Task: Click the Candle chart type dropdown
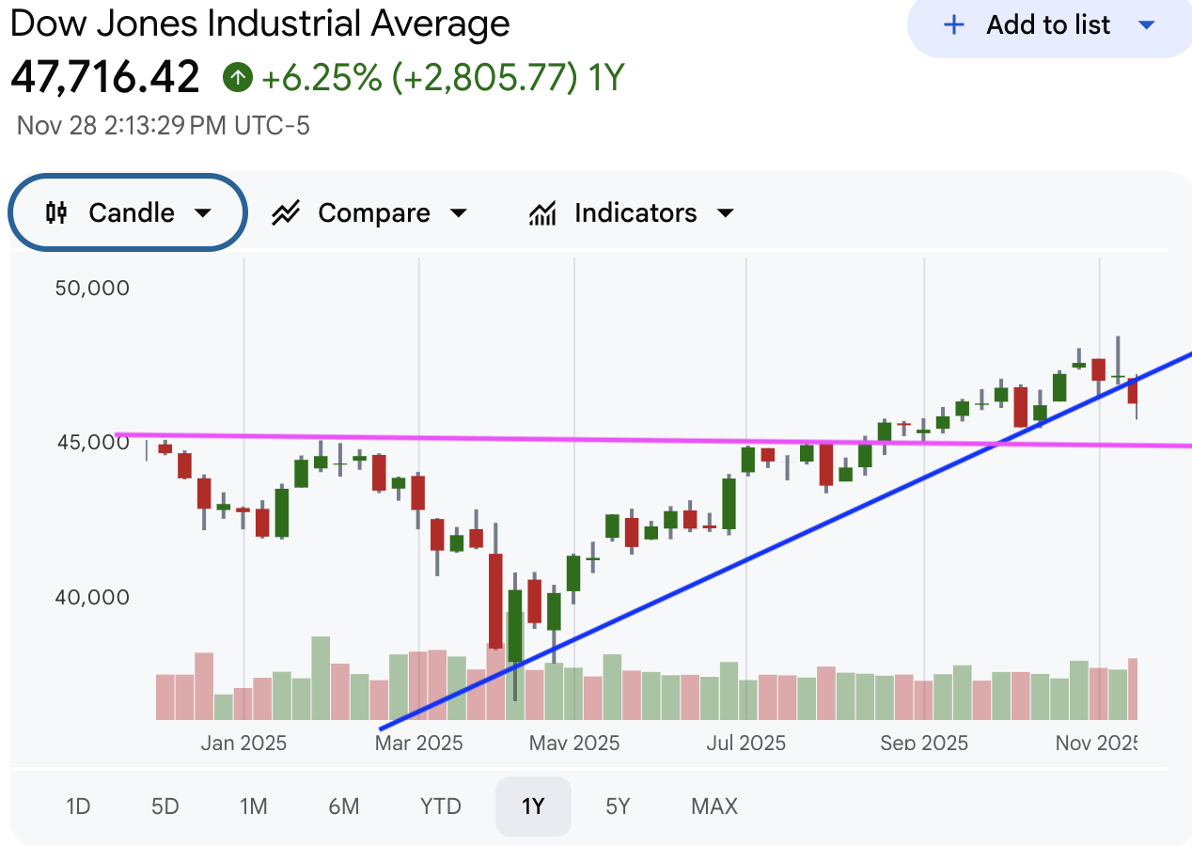tap(128, 212)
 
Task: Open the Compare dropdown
tap(369, 213)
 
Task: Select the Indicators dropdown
tap(632, 213)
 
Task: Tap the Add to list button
tap(1048, 25)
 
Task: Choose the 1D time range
tap(78, 806)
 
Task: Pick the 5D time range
tap(165, 806)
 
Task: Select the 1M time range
tap(253, 806)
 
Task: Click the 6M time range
tap(344, 806)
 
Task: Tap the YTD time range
tap(441, 806)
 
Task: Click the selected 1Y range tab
tap(533, 806)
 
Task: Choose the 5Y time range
tap(618, 806)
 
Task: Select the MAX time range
tap(714, 806)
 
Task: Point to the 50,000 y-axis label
tap(92, 288)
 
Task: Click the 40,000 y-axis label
tap(92, 597)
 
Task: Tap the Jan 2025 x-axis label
tap(243, 743)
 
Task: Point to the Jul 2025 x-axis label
tap(746, 743)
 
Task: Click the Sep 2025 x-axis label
tap(924, 743)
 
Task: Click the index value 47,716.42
tap(105, 77)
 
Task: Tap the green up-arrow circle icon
tap(238, 77)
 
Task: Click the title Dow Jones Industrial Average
tap(259, 23)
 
